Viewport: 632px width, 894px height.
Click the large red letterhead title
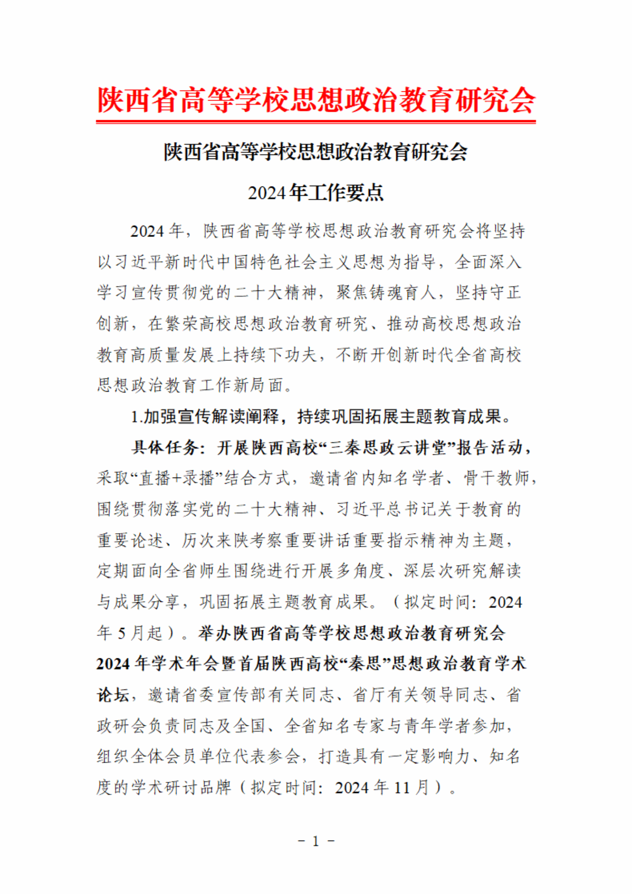[316, 100]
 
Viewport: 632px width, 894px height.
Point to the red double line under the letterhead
[316, 122]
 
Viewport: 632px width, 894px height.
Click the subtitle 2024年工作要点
[316, 193]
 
